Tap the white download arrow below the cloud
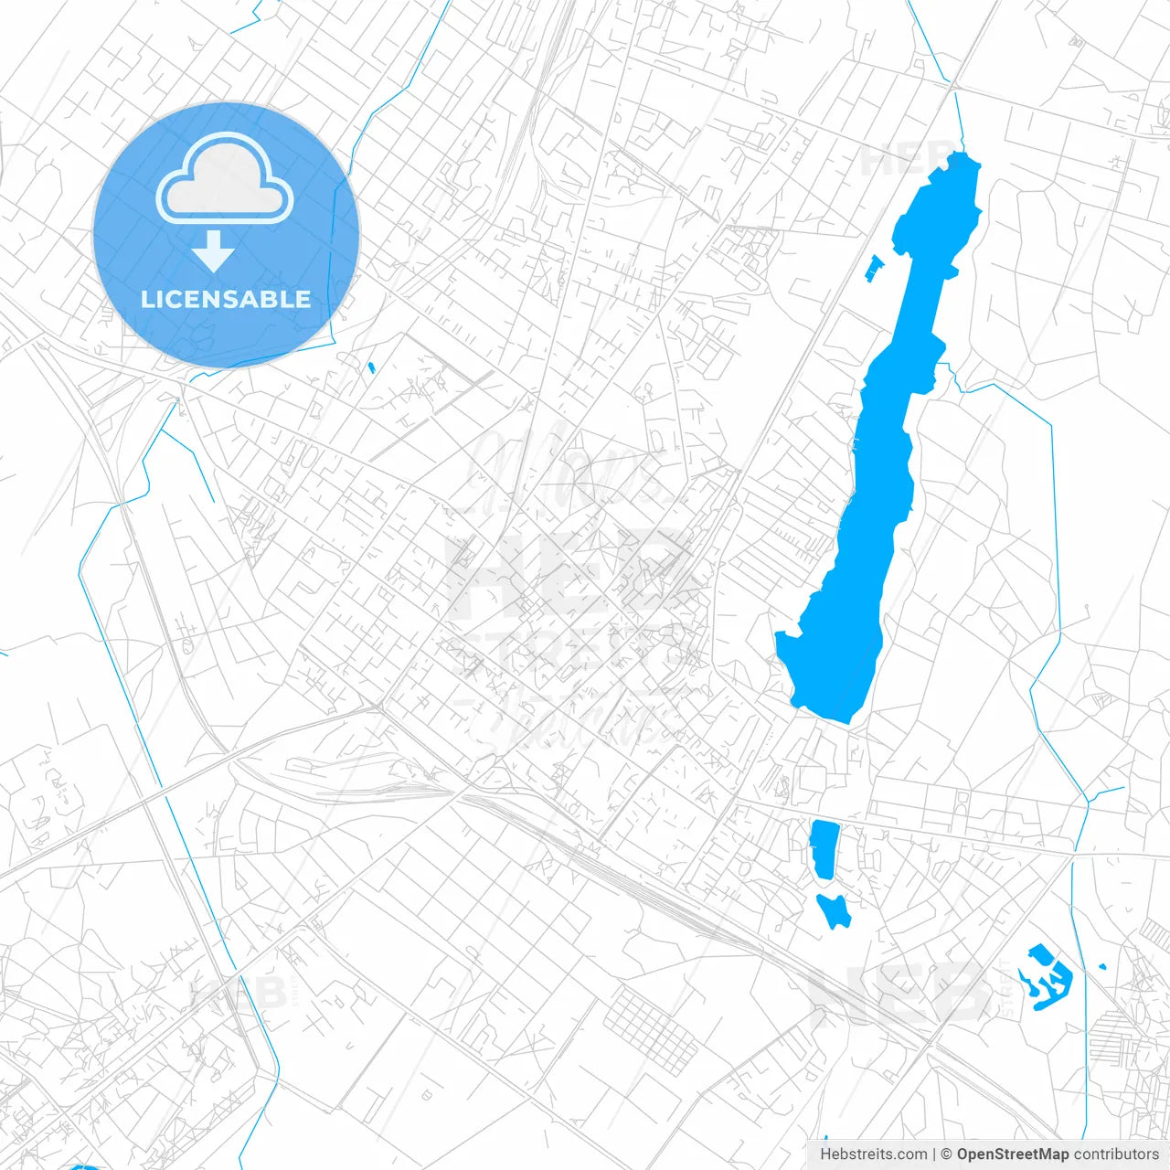pos(213,251)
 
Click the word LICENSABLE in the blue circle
pos(226,299)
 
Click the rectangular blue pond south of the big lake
pos(824,848)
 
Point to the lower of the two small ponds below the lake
pos(834,910)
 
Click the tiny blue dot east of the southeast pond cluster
pos(1101,966)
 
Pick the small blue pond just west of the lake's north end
pos(875,267)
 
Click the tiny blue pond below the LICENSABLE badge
pos(371,367)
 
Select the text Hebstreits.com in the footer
pos(873,1154)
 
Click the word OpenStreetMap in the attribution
pos(1013,1154)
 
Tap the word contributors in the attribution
pos(1116,1154)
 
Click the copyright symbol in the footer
pos(947,1154)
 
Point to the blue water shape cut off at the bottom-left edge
pos(84,1166)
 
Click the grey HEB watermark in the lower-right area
pos(900,996)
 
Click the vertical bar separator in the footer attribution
pos(933,1154)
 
